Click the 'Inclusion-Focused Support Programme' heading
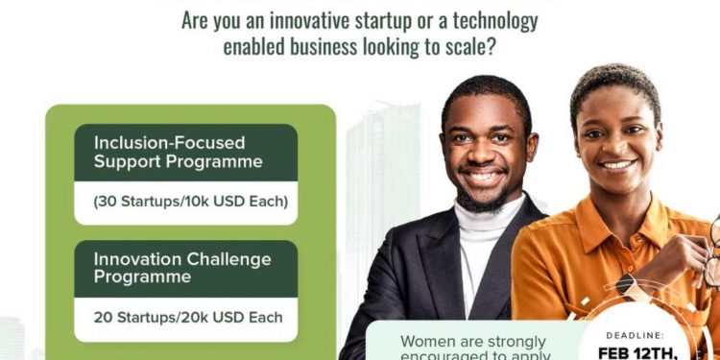pos(178,152)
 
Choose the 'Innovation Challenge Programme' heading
pos(182,268)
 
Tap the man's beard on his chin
pos(488,200)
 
